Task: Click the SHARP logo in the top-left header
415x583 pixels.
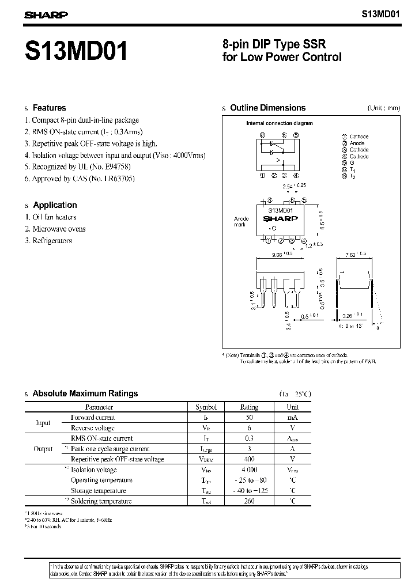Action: click(x=46, y=16)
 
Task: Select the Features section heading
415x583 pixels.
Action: click(x=49, y=108)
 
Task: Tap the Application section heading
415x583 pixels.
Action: click(x=55, y=205)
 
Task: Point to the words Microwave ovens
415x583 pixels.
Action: click(x=59, y=229)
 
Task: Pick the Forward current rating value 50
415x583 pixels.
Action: click(x=249, y=417)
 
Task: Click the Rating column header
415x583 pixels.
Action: click(x=249, y=407)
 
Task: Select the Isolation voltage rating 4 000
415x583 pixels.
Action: click(x=249, y=470)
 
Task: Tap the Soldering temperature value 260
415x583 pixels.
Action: click(x=249, y=501)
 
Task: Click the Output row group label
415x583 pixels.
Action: click(x=43, y=448)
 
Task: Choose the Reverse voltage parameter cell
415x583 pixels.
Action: click(x=92, y=427)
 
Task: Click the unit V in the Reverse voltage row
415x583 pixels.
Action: click(x=292, y=427)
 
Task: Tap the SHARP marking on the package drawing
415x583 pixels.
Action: click(x=280, y=219)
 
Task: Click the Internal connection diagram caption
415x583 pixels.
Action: click(x=279, y=123)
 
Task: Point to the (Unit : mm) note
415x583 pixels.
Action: click(x=383, y=108)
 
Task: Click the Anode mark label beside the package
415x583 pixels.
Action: click(x=241, y=222)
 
